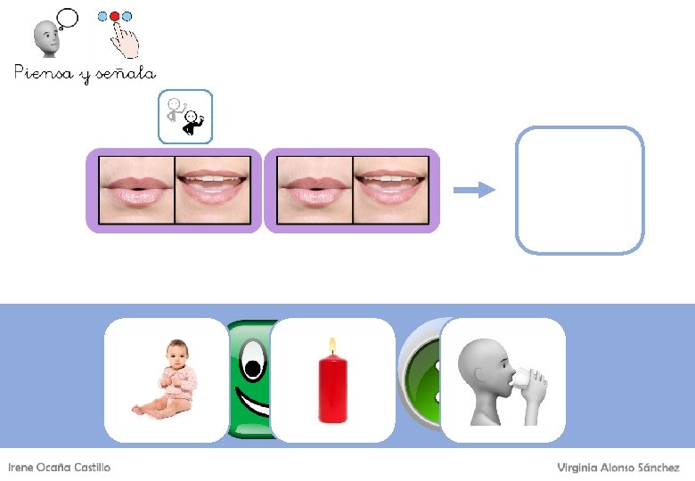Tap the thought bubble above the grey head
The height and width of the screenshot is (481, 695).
tap(65, 19)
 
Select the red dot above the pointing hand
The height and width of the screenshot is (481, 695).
tap(114, 17)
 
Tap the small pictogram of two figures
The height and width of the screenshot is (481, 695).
tap(186, 117)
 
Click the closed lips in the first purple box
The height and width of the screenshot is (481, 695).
tap(135, 191)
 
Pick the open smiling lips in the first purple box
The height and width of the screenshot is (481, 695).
tap(212, 191)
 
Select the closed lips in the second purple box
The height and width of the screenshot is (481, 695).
tap(315, 191)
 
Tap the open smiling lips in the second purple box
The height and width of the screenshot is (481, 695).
tap(390, 191)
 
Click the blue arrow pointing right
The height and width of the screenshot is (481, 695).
tap(473, 190)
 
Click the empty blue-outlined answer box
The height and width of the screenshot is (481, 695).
tap(579, 190)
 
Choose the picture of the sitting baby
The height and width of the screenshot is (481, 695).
tap(167, 379)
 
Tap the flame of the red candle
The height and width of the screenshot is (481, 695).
tap(332, 346)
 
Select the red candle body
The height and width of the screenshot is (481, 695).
tap(332, 389)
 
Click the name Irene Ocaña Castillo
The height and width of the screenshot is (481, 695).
tap(60, 468)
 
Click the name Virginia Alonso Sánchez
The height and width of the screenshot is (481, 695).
tap(618, 468)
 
